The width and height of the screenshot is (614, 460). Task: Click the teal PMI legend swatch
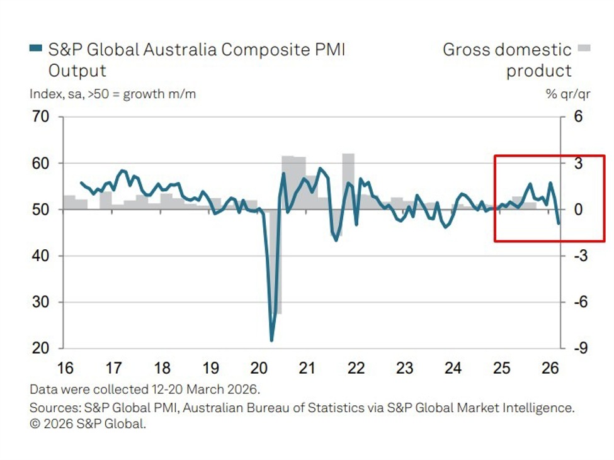36,48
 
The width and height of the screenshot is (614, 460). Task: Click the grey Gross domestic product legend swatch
585,48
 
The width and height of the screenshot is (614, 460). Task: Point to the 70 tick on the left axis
42,117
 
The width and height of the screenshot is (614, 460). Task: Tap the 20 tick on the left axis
42,348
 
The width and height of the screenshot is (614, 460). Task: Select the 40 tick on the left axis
42,256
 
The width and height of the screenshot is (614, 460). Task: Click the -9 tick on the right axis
580,348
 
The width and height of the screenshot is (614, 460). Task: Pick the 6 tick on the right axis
578,117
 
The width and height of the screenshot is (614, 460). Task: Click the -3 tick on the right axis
580,256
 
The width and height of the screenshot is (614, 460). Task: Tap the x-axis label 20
259,368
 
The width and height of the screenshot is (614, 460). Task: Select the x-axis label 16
65,368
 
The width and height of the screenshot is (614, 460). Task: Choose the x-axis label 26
550,368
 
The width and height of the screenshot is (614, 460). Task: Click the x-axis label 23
404,368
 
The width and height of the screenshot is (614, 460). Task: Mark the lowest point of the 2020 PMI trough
271,340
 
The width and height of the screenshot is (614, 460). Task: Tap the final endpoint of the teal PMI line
559,223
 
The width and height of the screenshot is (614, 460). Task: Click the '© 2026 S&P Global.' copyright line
88,424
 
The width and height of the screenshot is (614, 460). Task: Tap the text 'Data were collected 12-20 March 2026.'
144,390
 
